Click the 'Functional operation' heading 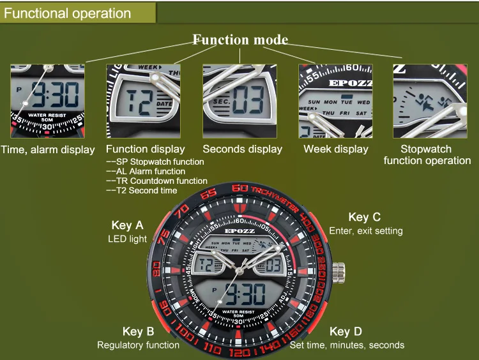pos(68,13)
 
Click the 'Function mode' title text pos(240,40)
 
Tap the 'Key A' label pos(127,225)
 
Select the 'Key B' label pos(138,331)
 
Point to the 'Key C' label pos(365,217)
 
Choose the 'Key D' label pos(346,331)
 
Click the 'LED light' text pos(127,239)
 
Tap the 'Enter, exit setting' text pos(365,230)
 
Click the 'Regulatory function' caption pos(138,345)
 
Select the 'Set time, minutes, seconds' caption pos(347,345)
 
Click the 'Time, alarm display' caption pos(48,149)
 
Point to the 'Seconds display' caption pos(242,149)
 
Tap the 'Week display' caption pos(336,149)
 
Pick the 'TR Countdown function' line pos(156,181)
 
